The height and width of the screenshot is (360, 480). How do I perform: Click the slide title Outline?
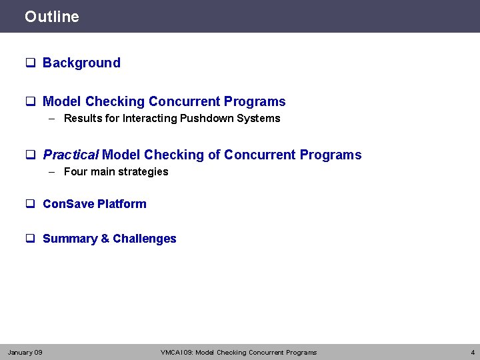pyautogui.click(x=51, y=17)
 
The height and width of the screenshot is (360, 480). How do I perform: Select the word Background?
pyautogui.click(x=81, y=63)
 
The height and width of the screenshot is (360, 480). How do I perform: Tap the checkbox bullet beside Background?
pyautogui.click(x=30, y=63)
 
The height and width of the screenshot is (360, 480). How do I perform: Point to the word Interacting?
pyautogui.click(x=147, y=119)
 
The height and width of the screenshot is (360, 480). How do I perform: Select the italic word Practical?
pyautogui.click(x=71, y=155)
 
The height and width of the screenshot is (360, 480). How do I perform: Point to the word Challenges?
pyautogui.click(x=145, y=239)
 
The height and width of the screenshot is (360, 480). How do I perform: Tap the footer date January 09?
pyautogui.click(x=25, y=352)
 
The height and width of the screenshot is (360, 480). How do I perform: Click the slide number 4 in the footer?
pyautogui.click(x=472, y=352)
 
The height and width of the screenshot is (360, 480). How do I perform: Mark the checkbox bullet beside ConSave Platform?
pyautogui.click(x=30, y=204)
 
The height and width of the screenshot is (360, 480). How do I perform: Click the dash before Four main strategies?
pyautogui.click(x=52, y=172)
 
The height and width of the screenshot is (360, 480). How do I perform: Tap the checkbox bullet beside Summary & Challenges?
pyautogui.click(x=30, y=239)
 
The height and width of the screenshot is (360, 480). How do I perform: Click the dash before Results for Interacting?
pyautogui.click(x=52, y=119)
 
